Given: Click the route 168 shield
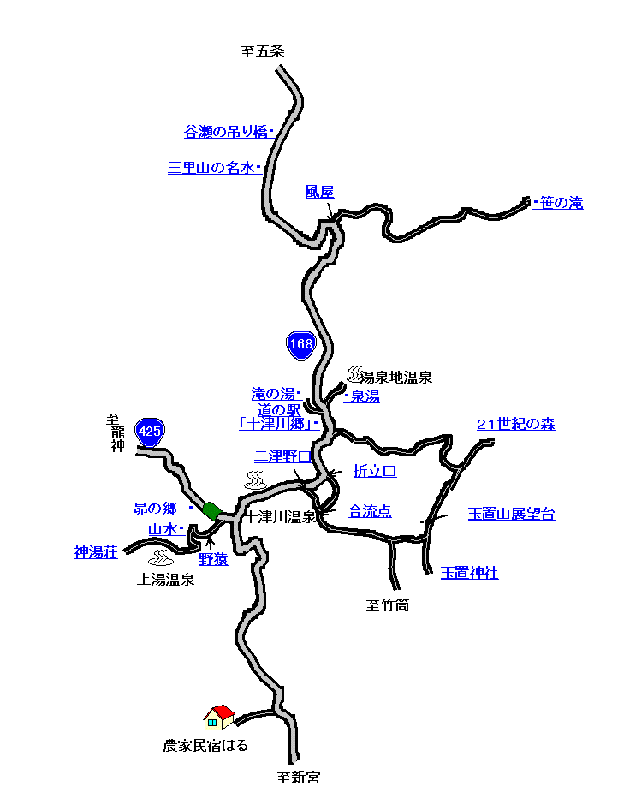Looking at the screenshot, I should tap(301, 345).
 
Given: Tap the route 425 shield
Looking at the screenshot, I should tap(150, 432).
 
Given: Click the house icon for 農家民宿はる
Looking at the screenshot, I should tap(219, 717).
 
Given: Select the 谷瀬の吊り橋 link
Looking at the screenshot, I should tap(225, 132).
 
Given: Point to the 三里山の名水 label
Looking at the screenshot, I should tap(211, 168).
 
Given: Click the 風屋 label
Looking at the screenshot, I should tap(319, 192).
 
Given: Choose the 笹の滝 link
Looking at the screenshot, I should tap(562, 203).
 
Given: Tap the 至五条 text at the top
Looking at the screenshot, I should tap(263, 51).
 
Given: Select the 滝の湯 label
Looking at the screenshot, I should tap(272, 394).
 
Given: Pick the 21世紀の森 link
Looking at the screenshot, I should tap(515, 424).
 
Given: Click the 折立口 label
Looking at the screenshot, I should tap(375, 471).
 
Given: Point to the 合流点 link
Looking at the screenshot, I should tap(370, 511).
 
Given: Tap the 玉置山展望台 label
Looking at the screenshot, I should tap(511, 514).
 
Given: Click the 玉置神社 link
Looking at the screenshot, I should tap(469, 573).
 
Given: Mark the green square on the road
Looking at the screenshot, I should tap(212, 510).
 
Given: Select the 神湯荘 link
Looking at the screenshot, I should tap(95, 552).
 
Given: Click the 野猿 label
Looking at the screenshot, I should tap(213, 559).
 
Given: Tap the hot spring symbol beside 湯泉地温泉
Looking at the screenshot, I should tap(355, 373).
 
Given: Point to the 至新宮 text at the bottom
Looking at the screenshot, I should tap(298, 777).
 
